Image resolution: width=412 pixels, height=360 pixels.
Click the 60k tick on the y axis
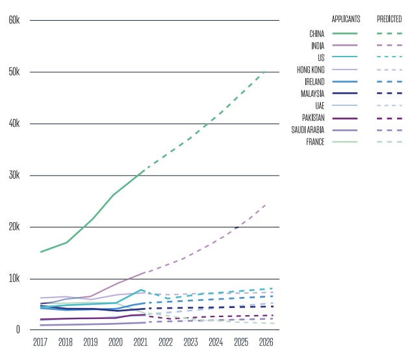click(x=15, y=20)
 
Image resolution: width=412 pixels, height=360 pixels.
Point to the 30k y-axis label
click(x=15, y=175)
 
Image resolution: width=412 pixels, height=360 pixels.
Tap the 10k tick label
click(x=15, y=279)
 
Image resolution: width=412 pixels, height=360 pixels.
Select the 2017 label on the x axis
click(x=40, y=342)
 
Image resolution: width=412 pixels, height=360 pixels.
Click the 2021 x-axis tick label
click(x=140, y=342)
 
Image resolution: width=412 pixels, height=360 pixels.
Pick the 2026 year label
click(x=266, y=342)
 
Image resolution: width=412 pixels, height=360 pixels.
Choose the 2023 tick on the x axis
click(x=190, y=342)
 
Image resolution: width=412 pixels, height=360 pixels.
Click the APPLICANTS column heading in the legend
click(x=346, y=19)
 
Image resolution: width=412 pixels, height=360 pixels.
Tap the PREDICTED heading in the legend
click(x=389, y=19)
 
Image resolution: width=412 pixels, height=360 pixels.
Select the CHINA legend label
click(x=316, y=33)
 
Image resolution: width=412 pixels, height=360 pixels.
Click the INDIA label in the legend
click(x=318, y=45)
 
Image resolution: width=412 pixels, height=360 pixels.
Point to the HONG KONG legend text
click(x=311, y=70)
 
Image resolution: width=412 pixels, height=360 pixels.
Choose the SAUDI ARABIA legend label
click(x=309, y=130)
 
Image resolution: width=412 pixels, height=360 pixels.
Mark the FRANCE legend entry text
click(x=315, y=142)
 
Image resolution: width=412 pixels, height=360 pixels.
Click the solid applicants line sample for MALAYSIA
click(x=345, y=94)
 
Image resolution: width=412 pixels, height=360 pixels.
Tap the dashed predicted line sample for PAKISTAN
click(x=389, y=118)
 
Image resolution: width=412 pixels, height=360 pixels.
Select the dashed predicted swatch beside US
click(x=389, y=57)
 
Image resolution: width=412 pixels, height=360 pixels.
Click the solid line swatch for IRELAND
click(x=345, y=81)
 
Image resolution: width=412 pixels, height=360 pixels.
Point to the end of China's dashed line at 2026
click(x=266, y=71)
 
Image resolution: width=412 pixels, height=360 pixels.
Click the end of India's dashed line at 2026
click(x=266, y=204)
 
